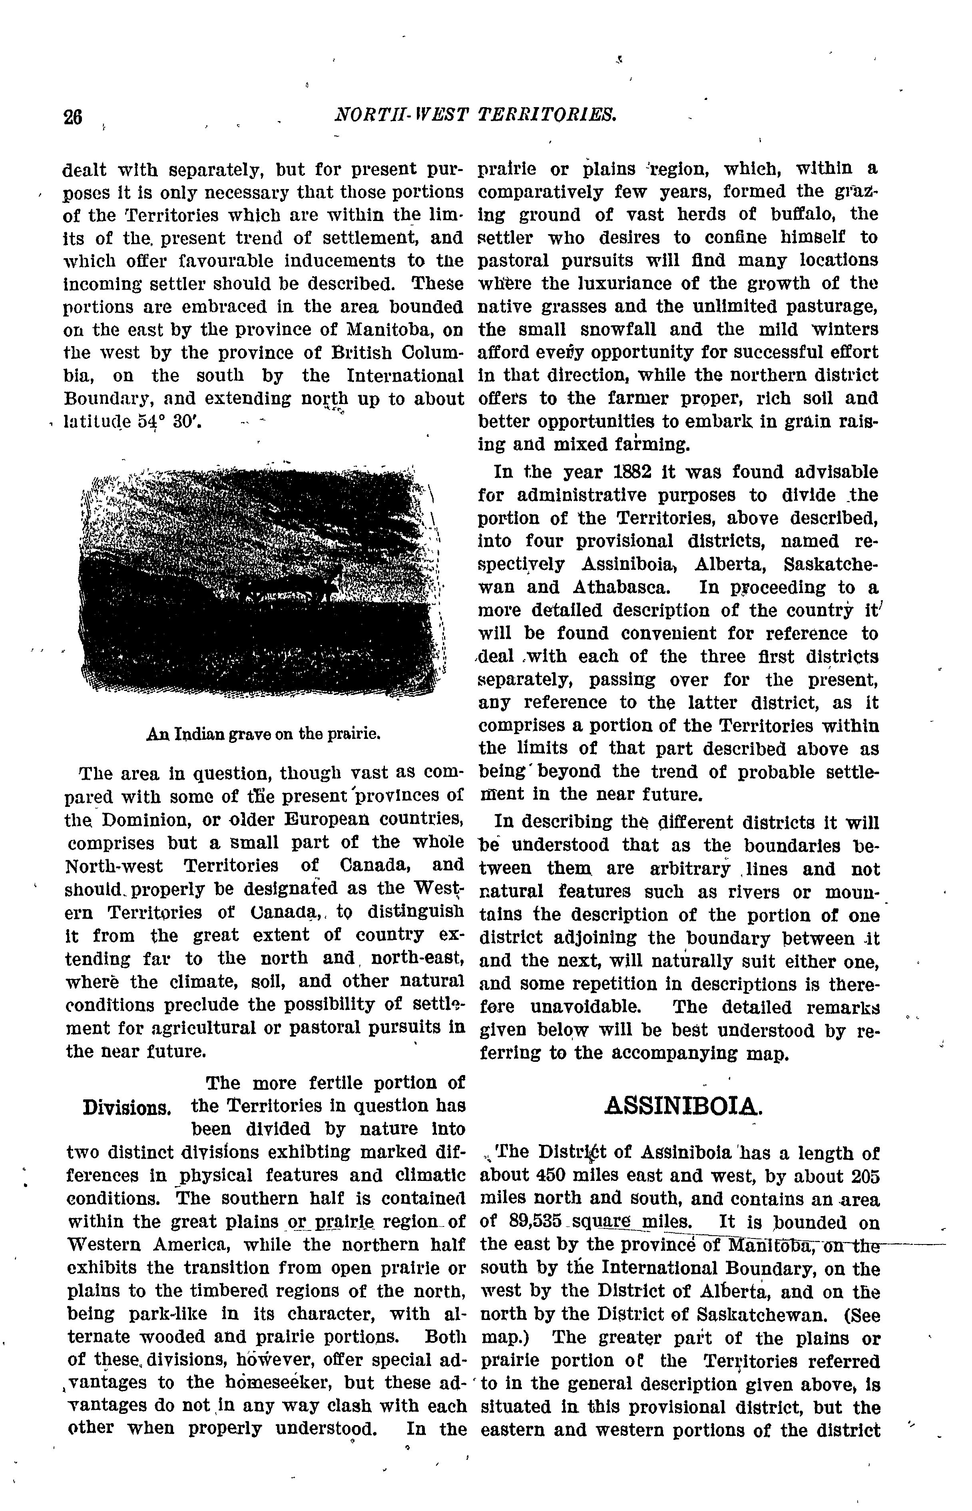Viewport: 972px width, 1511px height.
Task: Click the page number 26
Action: (x=73, y=117)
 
